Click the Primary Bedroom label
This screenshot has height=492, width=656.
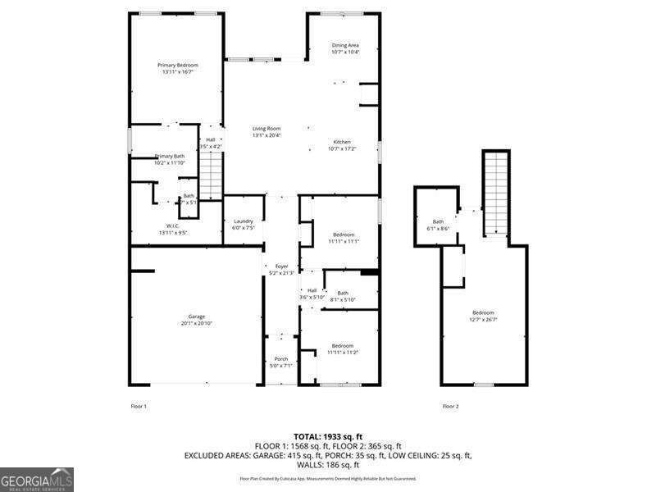(x=178, y=65)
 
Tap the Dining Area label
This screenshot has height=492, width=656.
(x=344, y=45)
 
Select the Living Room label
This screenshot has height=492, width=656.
(x=266, y=129)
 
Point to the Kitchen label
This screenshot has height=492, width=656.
(x=342, y=142)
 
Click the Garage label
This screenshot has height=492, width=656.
(x=196, y=317)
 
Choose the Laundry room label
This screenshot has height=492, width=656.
(x=243, y=221)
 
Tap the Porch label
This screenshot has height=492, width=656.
(x=280, y=358)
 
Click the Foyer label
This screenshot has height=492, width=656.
(x=281, y=266)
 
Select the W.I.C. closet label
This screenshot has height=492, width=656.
(x=173, y=226)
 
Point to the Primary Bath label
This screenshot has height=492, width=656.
(x=170, y=156)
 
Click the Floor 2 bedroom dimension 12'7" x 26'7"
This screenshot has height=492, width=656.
(x=483, y=320)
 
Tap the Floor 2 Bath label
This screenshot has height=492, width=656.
(x=438, y=221)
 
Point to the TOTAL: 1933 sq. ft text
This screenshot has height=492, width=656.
(x=327, y=436)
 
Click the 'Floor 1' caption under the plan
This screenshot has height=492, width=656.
(x=139, y=406)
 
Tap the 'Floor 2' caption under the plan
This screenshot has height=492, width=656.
(x=450, y=406)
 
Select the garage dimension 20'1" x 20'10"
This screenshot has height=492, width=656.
(x=196, y=324)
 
